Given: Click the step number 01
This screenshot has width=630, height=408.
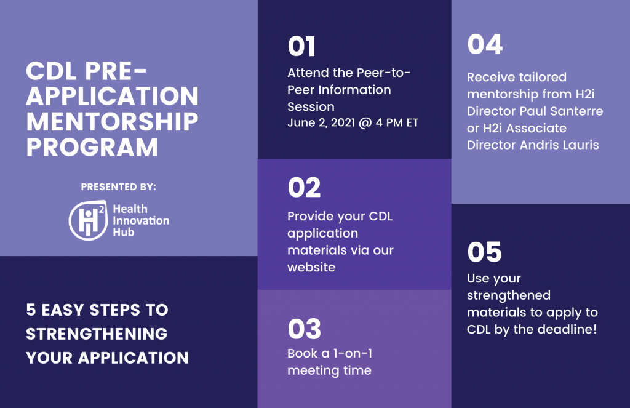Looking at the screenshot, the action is [x=301, y=47].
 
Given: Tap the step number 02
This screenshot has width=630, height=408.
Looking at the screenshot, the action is [x=304, y=188].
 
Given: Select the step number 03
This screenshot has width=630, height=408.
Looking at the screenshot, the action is [x=304, y=329].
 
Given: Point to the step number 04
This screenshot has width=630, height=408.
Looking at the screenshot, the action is [x=485, y=45].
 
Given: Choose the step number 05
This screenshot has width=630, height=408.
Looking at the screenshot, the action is [x=484, y=252].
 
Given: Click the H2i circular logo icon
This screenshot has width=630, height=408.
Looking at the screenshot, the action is [x=88, y=220].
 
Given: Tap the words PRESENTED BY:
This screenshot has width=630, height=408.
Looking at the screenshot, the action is [x=119, y=187].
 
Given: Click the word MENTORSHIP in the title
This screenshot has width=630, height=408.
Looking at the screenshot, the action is [x=112, y=122].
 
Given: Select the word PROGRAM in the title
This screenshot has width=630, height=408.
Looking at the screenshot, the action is [x=92, y=147].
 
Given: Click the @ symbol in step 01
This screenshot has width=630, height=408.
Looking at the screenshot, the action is [x=365, y=123].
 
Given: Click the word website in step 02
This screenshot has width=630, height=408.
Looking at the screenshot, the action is [x=311, y=267].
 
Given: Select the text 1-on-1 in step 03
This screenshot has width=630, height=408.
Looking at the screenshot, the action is [x=353, y=353].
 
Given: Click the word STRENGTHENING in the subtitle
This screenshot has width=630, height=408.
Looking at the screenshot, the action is [x=97, y=334].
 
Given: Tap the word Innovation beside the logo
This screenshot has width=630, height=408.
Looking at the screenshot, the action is [x=141, y=221].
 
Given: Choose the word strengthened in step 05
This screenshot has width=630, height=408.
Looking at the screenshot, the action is [x=509, y=295].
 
